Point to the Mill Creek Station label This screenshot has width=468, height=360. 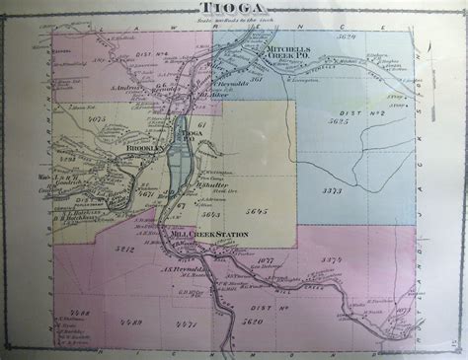point(210,234)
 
